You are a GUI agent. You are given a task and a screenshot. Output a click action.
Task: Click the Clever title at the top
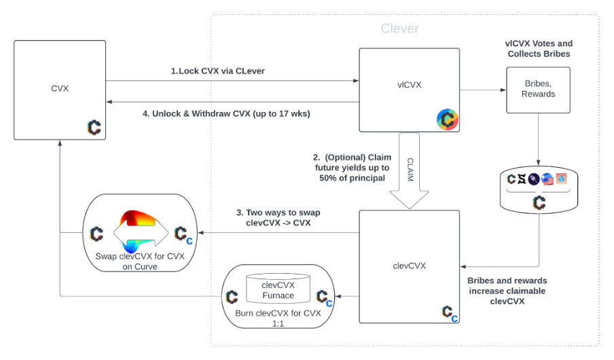pyautogui.click(x=399, y=29)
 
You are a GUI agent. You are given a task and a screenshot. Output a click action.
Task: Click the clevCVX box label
pyautogui.click(x=410, y=266)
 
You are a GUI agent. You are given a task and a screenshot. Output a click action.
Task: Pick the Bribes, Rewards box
pyautogui.click(x=538, y=90)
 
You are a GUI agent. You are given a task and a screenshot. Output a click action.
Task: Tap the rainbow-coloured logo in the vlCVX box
pyautogui.click(x=447, y=120)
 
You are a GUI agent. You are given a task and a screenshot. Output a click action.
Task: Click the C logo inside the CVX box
pyautogui.click(x=94, y=127)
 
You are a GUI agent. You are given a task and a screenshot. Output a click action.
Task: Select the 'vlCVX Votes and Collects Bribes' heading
pyautogui.click(x=538, y=48)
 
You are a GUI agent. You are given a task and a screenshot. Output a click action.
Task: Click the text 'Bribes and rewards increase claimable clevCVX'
pyautogui.click(x=507, y=291)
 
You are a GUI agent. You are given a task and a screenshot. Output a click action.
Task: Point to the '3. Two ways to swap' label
pyautogui.click(x=278, y=217)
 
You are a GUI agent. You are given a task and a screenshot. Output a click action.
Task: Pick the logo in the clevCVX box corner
pyautogui.click(x=450, y=312)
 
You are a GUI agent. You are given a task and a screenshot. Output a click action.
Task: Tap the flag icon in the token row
pyautogui.click(x=547, y=179)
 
